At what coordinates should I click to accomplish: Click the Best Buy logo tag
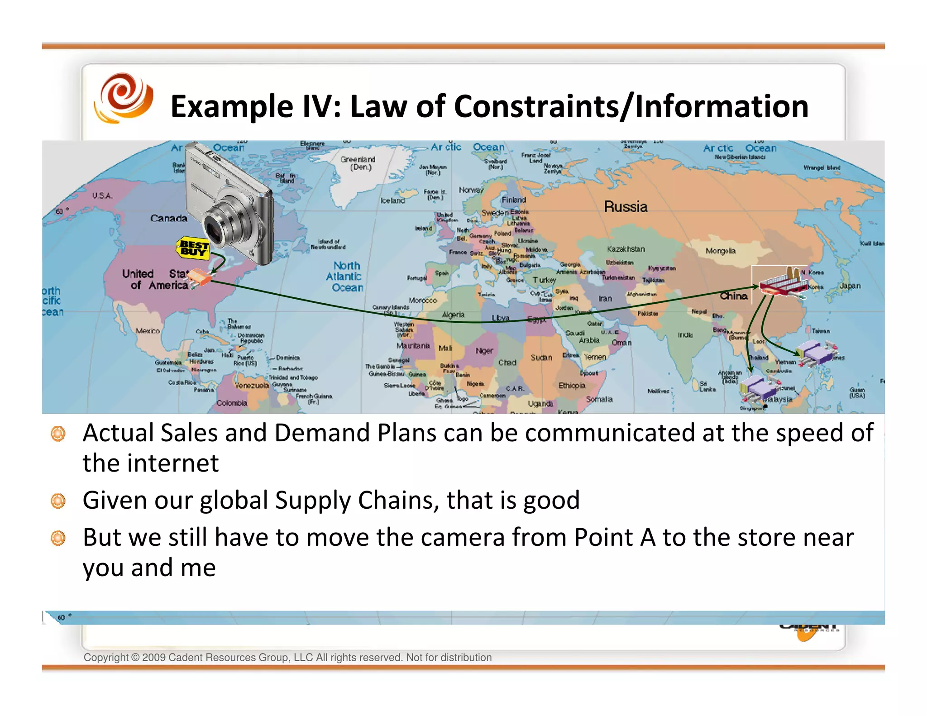point(193,248)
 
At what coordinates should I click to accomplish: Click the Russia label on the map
point(626,207)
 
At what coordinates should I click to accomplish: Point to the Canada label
point(168,219)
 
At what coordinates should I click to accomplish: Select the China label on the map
point(733,296)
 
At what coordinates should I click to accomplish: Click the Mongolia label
point(721,251)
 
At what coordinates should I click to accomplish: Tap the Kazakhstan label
point(626,249)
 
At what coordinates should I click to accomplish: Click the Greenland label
point(358,163)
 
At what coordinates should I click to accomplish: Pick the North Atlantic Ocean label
point(346,277)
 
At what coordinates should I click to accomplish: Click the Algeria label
point(453,315)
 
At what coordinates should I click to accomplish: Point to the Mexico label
point(148,331)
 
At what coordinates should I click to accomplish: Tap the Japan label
point(850,286)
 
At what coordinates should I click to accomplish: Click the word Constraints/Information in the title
point(631,106)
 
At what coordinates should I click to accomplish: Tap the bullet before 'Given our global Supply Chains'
point(58,501)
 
